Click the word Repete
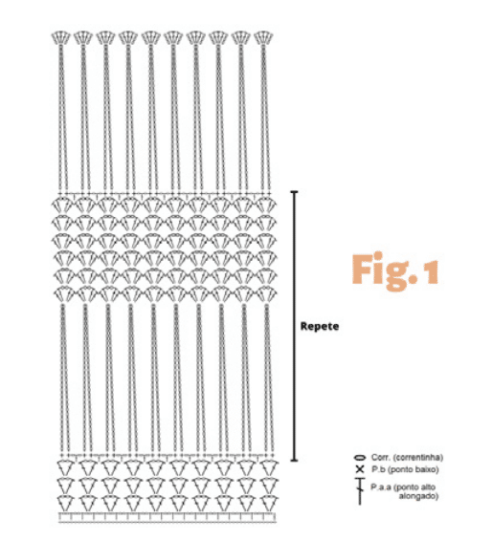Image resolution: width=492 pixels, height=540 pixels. (320, 326)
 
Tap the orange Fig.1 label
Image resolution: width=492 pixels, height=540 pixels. (395, 271)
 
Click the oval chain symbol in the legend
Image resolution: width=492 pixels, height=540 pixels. (360, 458)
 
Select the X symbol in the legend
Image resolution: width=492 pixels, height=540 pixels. (360, 469)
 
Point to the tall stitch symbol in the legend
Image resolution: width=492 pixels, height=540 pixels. (360, 491)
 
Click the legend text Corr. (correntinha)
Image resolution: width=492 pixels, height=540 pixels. (407, 458)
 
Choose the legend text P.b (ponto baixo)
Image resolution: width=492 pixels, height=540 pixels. (405, 469)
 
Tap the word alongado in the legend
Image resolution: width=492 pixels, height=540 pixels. (418, 496)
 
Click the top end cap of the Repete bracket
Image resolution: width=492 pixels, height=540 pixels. (294, 191)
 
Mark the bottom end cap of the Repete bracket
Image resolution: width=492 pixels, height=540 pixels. (294, 460)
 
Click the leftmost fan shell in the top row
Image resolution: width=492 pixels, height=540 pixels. (60, 37)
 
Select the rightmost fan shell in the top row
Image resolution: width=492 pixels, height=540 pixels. (263, 37)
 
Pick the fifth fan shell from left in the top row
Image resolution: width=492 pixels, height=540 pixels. (151, 37)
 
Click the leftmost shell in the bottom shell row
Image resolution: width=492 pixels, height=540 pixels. (66, 504)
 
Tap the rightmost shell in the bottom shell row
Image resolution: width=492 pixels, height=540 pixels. (269, 504)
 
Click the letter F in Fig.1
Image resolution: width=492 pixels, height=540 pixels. (361, 270)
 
